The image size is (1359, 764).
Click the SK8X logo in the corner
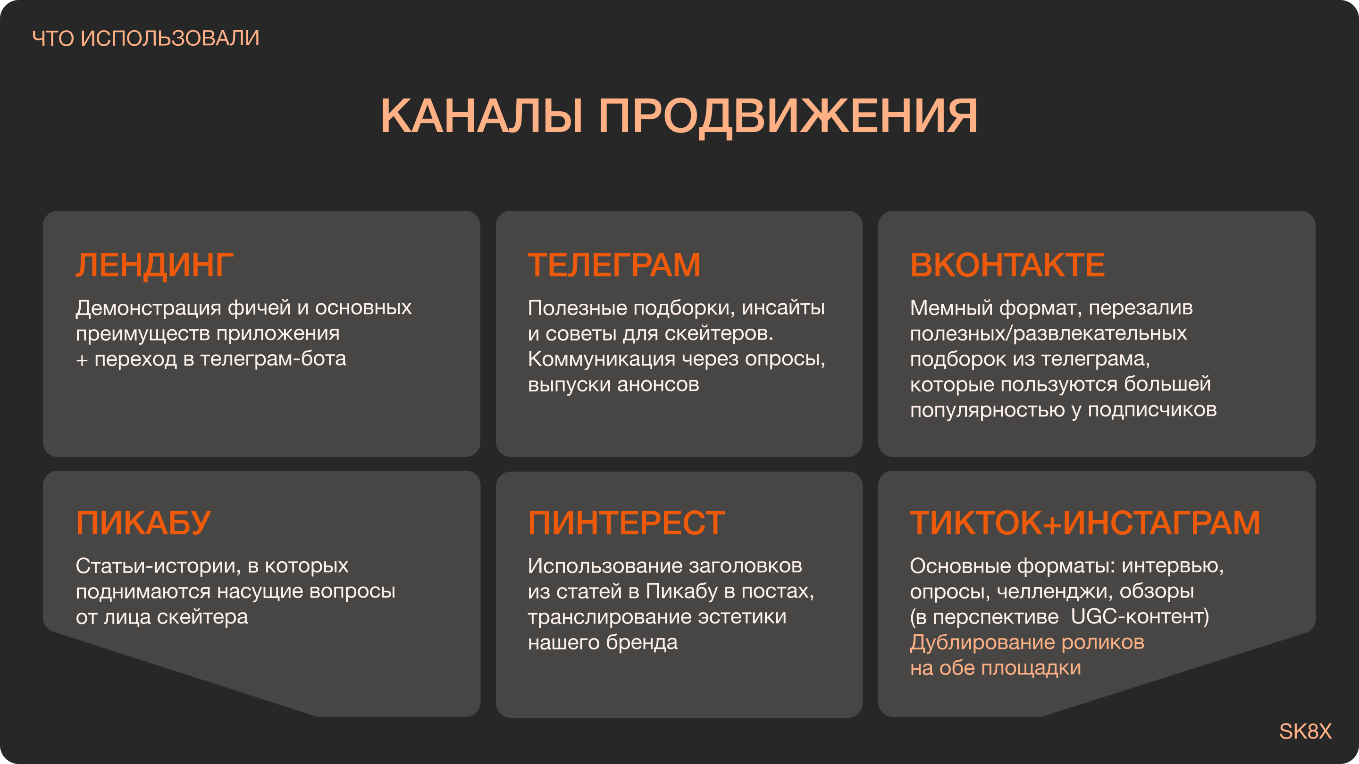1305,731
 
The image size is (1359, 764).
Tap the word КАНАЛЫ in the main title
482,116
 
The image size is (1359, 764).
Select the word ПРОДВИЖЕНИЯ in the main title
788,117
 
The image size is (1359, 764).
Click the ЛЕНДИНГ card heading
154,265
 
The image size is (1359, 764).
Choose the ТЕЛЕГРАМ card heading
614,265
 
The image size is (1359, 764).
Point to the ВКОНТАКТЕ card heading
1007,265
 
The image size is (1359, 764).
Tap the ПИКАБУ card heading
143,523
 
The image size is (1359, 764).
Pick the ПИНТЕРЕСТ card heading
626,523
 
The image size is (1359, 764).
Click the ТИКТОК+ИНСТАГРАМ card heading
1085,523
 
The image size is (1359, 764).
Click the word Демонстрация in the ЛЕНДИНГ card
148,308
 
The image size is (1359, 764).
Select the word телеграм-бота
273,359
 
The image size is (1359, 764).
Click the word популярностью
987,410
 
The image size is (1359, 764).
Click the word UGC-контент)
1140,617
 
